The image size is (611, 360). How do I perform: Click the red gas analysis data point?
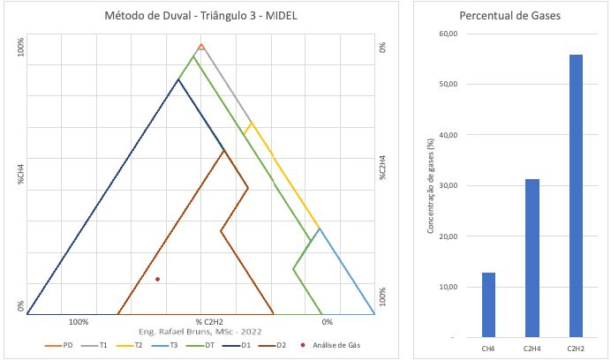click(157, 279)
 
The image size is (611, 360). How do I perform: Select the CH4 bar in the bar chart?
click(488, 304)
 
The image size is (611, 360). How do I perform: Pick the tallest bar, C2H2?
click(575, 195)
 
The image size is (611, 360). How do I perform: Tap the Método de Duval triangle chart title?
click(200, 16)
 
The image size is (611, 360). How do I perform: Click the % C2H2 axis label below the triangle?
click(209, 321)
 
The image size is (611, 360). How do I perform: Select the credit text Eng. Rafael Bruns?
click(201, 331)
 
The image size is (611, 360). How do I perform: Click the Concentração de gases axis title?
click(430, 185)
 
